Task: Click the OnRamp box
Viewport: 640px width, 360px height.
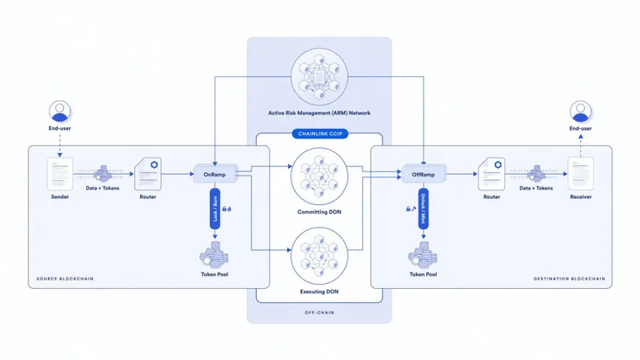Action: click(x=214, y=174)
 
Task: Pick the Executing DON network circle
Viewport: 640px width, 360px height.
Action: click(x=318, y=253)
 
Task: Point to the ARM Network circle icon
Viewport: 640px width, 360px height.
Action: click(x=318, y=76)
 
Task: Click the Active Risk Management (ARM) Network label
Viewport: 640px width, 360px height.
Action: click(x=318, y=114)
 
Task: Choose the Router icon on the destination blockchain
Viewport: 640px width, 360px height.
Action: click(x=491, y=174)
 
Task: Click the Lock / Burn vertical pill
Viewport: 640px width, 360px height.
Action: click(x=214, y=212)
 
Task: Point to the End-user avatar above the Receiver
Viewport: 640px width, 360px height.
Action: click(x=579, y=110)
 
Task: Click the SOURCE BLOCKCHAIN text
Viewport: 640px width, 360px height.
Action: click(x=65, y=279)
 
